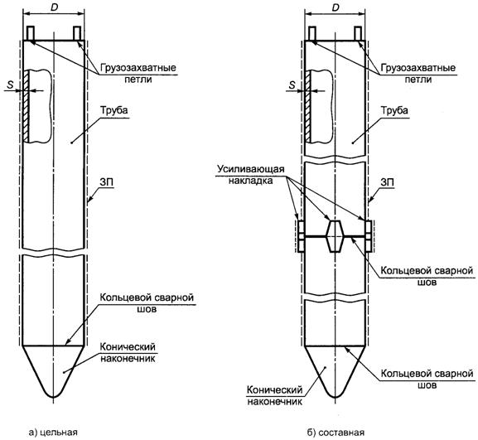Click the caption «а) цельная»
53,432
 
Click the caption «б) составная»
336,432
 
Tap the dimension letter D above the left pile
54,8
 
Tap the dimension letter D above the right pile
336,8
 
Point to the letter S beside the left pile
11,85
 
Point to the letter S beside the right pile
292,85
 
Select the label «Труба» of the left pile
113,110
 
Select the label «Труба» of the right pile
394,110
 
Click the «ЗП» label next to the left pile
106,182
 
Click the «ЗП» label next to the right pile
388,182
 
